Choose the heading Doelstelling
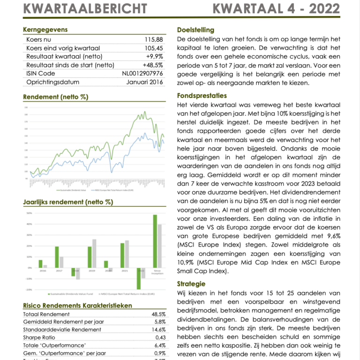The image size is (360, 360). coord(195,30)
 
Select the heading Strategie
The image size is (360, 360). coord(191,284)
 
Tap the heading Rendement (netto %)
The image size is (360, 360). coord(55,97)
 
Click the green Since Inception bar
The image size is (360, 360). coord(155,241)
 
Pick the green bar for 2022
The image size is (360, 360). coord(139,278)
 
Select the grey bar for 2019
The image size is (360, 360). coord(94,253)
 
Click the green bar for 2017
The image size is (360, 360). coord(57,257)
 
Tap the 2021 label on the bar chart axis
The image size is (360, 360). coord(124,270)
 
